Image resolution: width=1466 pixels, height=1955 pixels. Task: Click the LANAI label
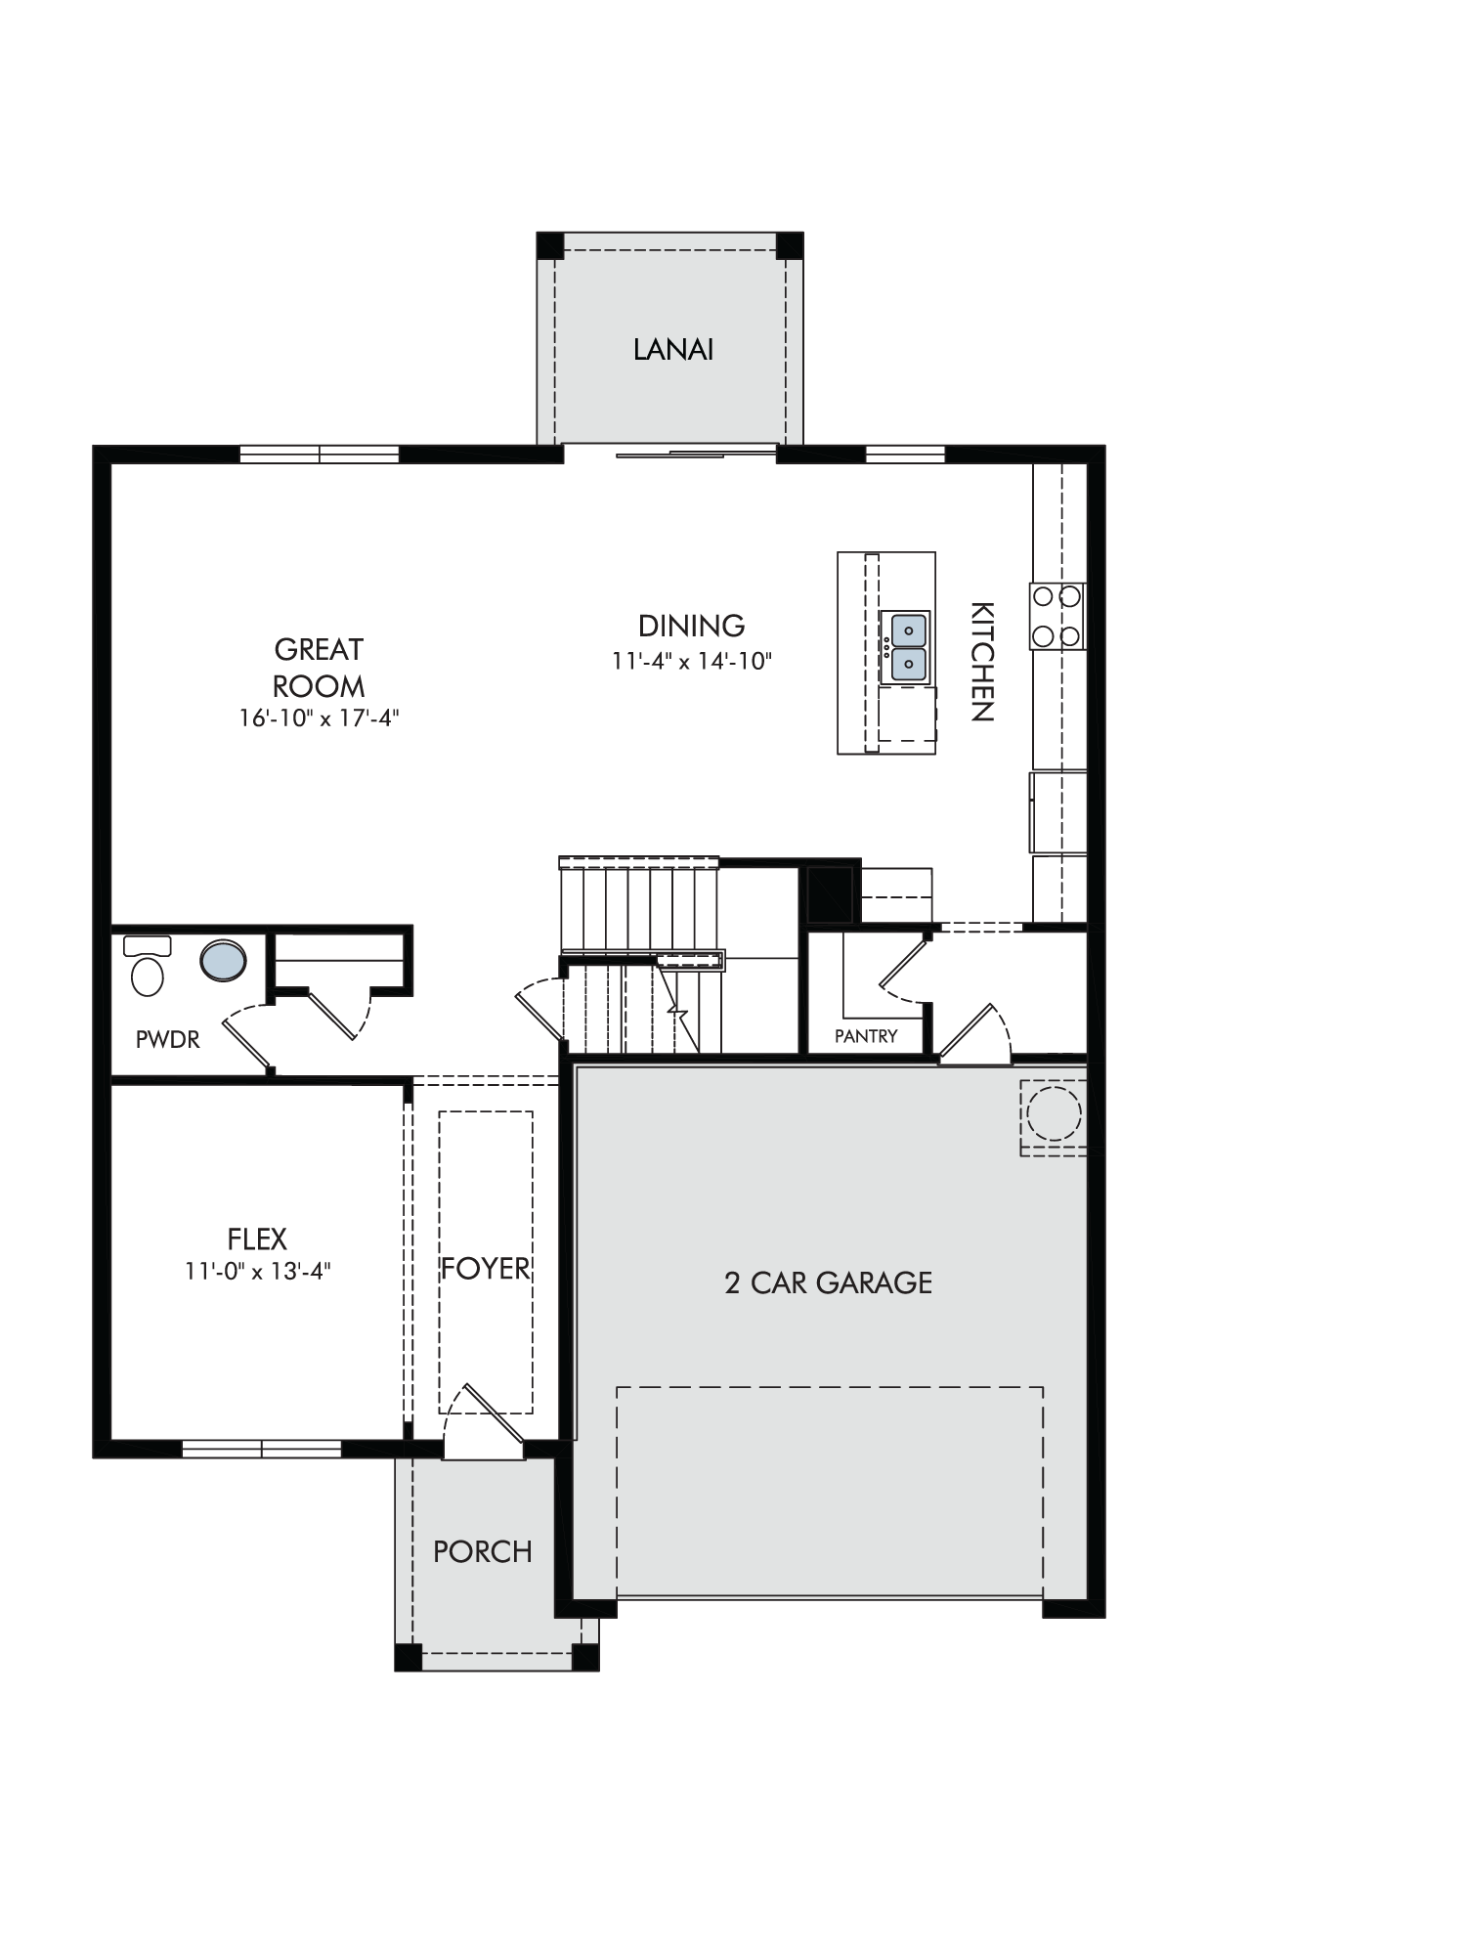click(673, 350)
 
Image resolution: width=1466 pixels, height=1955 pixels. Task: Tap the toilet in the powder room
click(148, 966)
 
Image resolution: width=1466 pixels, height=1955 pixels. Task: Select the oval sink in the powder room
click(224, 961)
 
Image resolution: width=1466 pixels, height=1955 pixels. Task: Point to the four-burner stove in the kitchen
click(1056, 616)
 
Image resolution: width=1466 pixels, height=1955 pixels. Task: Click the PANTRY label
click(866, 1036)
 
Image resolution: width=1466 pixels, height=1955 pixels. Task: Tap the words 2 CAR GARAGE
click(829, 1282)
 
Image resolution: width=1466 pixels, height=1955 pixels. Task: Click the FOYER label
click(486, 1269)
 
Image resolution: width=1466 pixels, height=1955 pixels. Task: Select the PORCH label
click(483, 1551)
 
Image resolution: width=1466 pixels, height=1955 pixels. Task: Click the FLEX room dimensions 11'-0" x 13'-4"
click(258, 1272)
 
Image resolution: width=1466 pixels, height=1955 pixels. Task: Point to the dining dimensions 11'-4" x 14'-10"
click(692, 662)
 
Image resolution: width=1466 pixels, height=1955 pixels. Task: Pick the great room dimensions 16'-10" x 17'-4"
click(320, 718)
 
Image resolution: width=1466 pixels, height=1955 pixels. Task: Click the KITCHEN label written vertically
click(981, 662)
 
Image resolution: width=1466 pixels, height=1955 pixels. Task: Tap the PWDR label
click(168, 1039)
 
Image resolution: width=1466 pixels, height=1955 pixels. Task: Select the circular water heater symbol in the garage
click(1054, 1113)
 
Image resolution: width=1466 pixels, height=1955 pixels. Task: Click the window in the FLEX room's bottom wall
click(262, 1448)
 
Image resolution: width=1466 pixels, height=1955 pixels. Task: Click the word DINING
click(692, 626)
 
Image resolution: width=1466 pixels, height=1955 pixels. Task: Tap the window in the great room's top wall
click(320, 455)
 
